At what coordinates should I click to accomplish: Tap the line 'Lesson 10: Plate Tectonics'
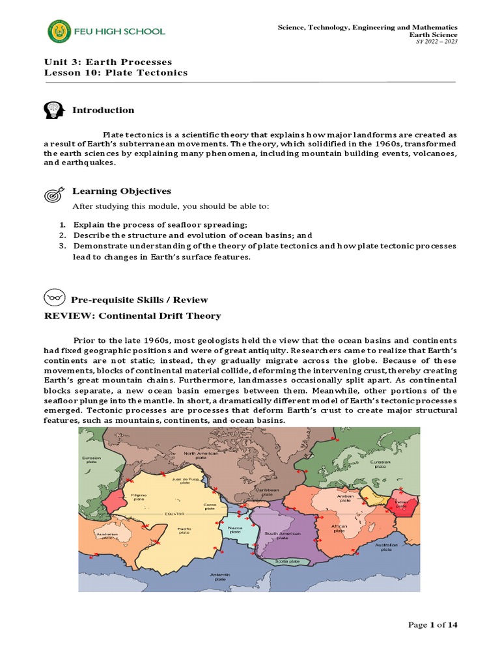[115, 73]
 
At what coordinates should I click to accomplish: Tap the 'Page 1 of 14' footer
[433, 625]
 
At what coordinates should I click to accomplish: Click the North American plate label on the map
[200, 456]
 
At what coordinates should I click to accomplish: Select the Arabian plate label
[345, 498]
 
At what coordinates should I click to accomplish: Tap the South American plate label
[282, 536]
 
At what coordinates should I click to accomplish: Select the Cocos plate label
[210, 507]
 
